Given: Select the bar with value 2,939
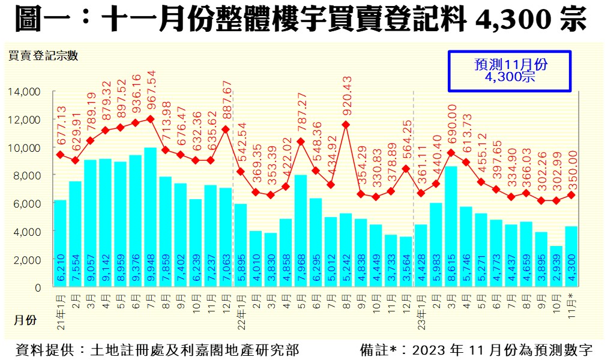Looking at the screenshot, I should click(556, 266).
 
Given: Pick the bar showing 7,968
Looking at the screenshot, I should click(301, 231).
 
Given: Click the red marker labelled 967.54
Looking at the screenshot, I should click(150, 119).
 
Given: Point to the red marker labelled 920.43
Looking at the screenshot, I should click(346, 125).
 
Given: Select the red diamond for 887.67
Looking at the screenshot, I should click(226, 129).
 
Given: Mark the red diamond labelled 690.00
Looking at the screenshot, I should click(451, 152).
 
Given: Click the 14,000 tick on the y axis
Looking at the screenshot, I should click(23, 91).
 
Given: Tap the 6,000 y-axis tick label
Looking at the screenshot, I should click(26, 203).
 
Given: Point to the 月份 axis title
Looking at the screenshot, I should click(25, 320).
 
